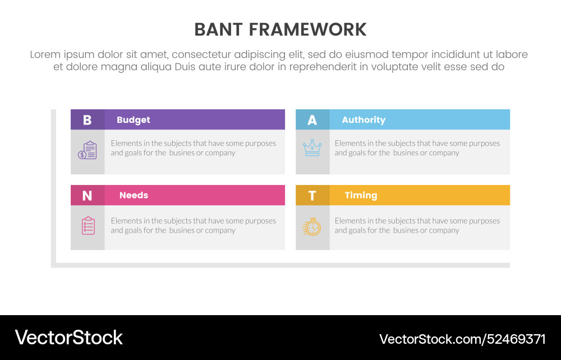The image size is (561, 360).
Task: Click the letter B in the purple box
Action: click(87, 119)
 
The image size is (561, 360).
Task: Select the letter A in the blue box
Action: click(312, 119)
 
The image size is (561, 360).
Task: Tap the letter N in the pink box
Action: click(87, 195)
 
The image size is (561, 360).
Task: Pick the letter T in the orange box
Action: click(312, 195)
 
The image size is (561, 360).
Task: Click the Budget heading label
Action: click(134, 119)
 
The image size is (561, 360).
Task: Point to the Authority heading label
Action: click(364, 119)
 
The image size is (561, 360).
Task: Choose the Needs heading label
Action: click(134, 195)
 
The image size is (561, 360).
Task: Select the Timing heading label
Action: click(361, 195)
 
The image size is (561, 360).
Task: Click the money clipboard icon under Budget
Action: click(88, 150)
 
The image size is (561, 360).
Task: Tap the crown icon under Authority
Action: click(312, 148)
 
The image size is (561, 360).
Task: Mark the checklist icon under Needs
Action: click(88, 225)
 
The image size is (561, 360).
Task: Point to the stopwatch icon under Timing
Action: click(312, 227)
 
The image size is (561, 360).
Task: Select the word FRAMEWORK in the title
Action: click(309, 30)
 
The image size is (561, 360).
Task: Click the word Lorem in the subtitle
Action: click(45, 54)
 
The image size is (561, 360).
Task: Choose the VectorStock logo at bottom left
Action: click(68, 338)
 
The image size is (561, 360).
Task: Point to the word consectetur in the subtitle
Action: click(201, 54)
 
